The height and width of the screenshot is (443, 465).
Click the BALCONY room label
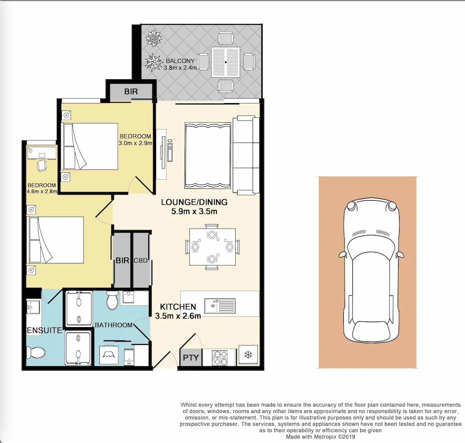[x=180, y=61]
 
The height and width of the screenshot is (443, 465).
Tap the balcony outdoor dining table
[x=226, y=62]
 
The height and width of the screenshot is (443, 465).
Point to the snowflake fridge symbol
[x=248, y=355]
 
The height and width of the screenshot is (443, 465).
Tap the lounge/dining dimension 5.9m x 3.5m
[x=194, y=212]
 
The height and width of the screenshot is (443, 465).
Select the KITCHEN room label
[x=178, y=307]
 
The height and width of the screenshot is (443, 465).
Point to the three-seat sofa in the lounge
[x=246, y=155]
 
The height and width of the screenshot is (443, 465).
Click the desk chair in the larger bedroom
[x=42, y=165]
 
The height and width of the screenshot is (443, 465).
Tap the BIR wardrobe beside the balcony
[x=131, y=92]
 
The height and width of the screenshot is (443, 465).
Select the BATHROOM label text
[x=114, y=325]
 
